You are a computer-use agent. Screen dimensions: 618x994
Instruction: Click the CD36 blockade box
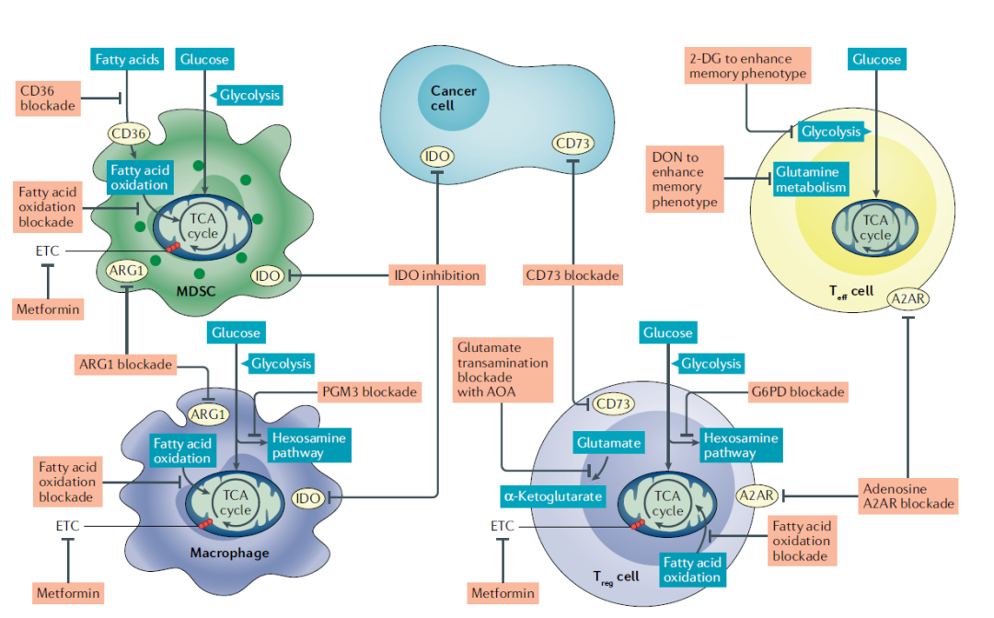[48, 98]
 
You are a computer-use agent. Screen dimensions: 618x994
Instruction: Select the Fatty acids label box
[127, 60]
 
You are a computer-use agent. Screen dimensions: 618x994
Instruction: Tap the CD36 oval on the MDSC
[129, 134]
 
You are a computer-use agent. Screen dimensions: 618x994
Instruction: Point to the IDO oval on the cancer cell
[436, 156]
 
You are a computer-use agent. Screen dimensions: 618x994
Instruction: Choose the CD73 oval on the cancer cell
[572, 144]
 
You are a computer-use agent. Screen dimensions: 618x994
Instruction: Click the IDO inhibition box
[436, 274]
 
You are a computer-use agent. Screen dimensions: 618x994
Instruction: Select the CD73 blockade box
[572, 274]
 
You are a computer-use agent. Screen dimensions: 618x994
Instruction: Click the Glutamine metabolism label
[809, 180]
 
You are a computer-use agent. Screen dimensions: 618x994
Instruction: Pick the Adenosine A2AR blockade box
[907, 496]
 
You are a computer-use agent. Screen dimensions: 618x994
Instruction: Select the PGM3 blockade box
[368, 392]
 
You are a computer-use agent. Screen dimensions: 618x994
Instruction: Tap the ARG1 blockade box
[125, 365]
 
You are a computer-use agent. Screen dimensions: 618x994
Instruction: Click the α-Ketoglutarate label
[552, 496]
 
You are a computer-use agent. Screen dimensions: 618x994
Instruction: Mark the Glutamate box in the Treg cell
[608, 443]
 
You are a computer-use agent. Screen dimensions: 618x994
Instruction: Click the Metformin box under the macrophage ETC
[67, 592]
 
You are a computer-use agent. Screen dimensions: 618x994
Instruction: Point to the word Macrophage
[229, 553]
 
